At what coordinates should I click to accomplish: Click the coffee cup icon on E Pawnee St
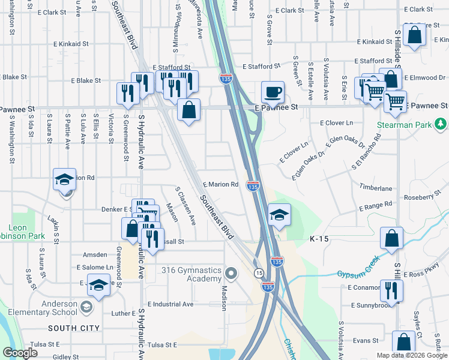tap(273, 92)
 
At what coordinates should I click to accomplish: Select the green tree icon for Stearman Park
tap(441, 124)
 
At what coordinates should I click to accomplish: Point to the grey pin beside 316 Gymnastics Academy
tap(232, 274)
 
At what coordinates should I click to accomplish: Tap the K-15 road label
tap(319, 239)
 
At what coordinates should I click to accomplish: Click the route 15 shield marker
tap(258, 273)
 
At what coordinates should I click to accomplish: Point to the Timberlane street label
tap(376, 188)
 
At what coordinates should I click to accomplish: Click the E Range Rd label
tap(375, 206)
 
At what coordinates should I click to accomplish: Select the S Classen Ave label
tap(185, 205)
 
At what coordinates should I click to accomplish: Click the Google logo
tap(19, 353)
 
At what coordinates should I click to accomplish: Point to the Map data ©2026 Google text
tap(412, 355)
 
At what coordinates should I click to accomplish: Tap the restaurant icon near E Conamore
tap(391, 290)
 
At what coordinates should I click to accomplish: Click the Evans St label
tap(366, 340)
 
